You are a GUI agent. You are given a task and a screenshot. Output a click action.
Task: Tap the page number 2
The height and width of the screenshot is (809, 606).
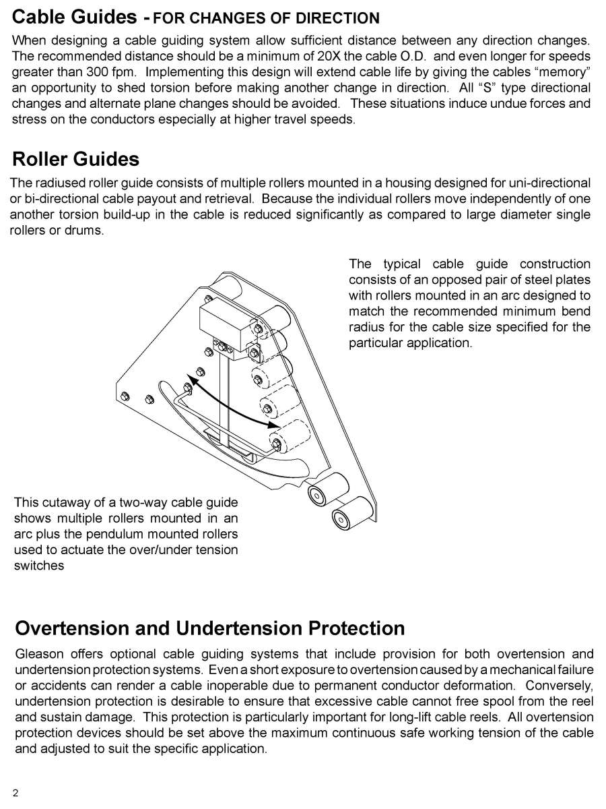point(15,793)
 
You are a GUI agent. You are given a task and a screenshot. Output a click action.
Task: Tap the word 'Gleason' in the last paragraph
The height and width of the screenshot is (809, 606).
point(38,655)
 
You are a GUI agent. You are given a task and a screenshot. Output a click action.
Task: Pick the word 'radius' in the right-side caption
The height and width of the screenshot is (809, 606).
point(367,327)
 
